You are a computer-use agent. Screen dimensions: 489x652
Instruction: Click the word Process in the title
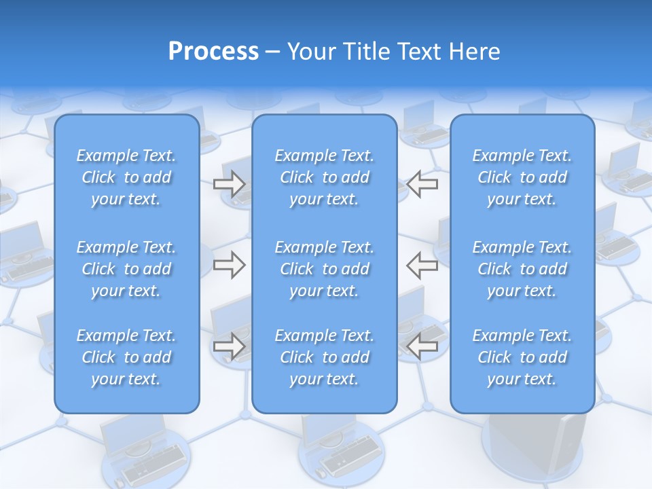coord(213,52)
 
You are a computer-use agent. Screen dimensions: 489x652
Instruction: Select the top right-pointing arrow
coord(229,184)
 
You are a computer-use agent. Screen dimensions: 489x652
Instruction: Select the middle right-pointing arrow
coord(229,265)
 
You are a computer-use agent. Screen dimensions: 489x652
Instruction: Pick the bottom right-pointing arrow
coord(229,346)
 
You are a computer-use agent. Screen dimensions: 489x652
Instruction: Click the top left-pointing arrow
coord(422,184)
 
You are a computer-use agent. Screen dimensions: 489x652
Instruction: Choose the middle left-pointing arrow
coord(422,265)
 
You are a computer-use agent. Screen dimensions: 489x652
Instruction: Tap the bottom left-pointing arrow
coord(422,346)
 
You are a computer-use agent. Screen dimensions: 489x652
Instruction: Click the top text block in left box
coord(126,177)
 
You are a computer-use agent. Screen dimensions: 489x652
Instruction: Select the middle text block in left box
coord(126,269)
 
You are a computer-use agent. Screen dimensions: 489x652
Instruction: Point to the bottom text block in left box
coord(126,357)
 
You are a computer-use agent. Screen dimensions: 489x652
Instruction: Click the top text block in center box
coord(325,177)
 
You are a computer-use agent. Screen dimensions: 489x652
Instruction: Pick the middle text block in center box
coord(325,269)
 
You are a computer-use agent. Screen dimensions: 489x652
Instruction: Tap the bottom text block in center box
coord(325,357)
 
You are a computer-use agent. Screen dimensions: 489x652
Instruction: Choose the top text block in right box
coord(522,177)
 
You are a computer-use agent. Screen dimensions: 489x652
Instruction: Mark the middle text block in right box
coord(522,269)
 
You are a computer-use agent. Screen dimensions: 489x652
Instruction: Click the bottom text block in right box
coord(522,357)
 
